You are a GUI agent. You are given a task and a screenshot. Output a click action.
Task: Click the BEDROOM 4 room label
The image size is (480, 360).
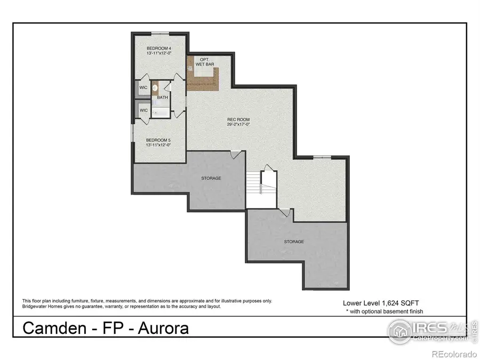point(158,48)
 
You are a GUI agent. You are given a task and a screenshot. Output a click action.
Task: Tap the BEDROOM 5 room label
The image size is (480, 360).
point(158,139)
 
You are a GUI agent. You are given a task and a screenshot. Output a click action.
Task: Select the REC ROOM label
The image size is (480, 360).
point(238,119)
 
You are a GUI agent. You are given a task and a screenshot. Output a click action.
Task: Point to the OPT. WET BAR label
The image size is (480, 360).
point(204,61)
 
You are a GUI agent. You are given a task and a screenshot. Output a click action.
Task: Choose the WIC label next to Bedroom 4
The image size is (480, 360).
point(143,87)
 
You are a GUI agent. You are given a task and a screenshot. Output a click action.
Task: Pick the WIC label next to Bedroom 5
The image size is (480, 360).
point(143,110)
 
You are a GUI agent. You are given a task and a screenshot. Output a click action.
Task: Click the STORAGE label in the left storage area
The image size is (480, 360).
point(211,178)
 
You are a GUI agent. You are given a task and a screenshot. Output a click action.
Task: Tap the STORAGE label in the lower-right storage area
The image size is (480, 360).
point(294,242)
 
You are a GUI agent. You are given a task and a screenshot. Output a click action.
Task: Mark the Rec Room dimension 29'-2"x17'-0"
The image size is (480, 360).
point(238,124)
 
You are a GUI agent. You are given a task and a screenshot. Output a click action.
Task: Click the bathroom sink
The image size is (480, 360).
point(155,88)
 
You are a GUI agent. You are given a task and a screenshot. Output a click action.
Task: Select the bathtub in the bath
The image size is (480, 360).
point(162,111)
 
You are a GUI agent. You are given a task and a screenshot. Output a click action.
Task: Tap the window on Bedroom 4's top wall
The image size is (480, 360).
point(158,33)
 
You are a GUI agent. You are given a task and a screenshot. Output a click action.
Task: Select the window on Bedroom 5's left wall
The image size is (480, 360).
point(132,133)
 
